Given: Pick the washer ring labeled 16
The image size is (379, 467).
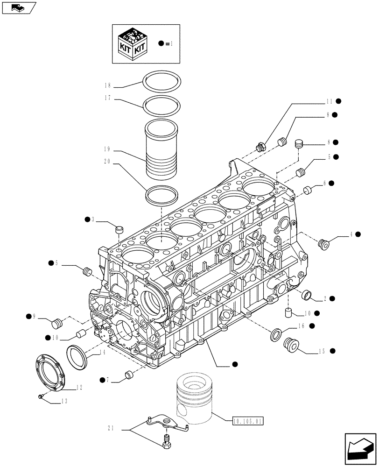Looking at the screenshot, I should [x=276, y=333].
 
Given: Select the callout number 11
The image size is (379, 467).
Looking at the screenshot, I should [x=329, y=100].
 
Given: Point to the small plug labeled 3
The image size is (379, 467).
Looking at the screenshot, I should [x=119, y=229].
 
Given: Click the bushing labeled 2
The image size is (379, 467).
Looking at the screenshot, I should [x=308, y=295].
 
